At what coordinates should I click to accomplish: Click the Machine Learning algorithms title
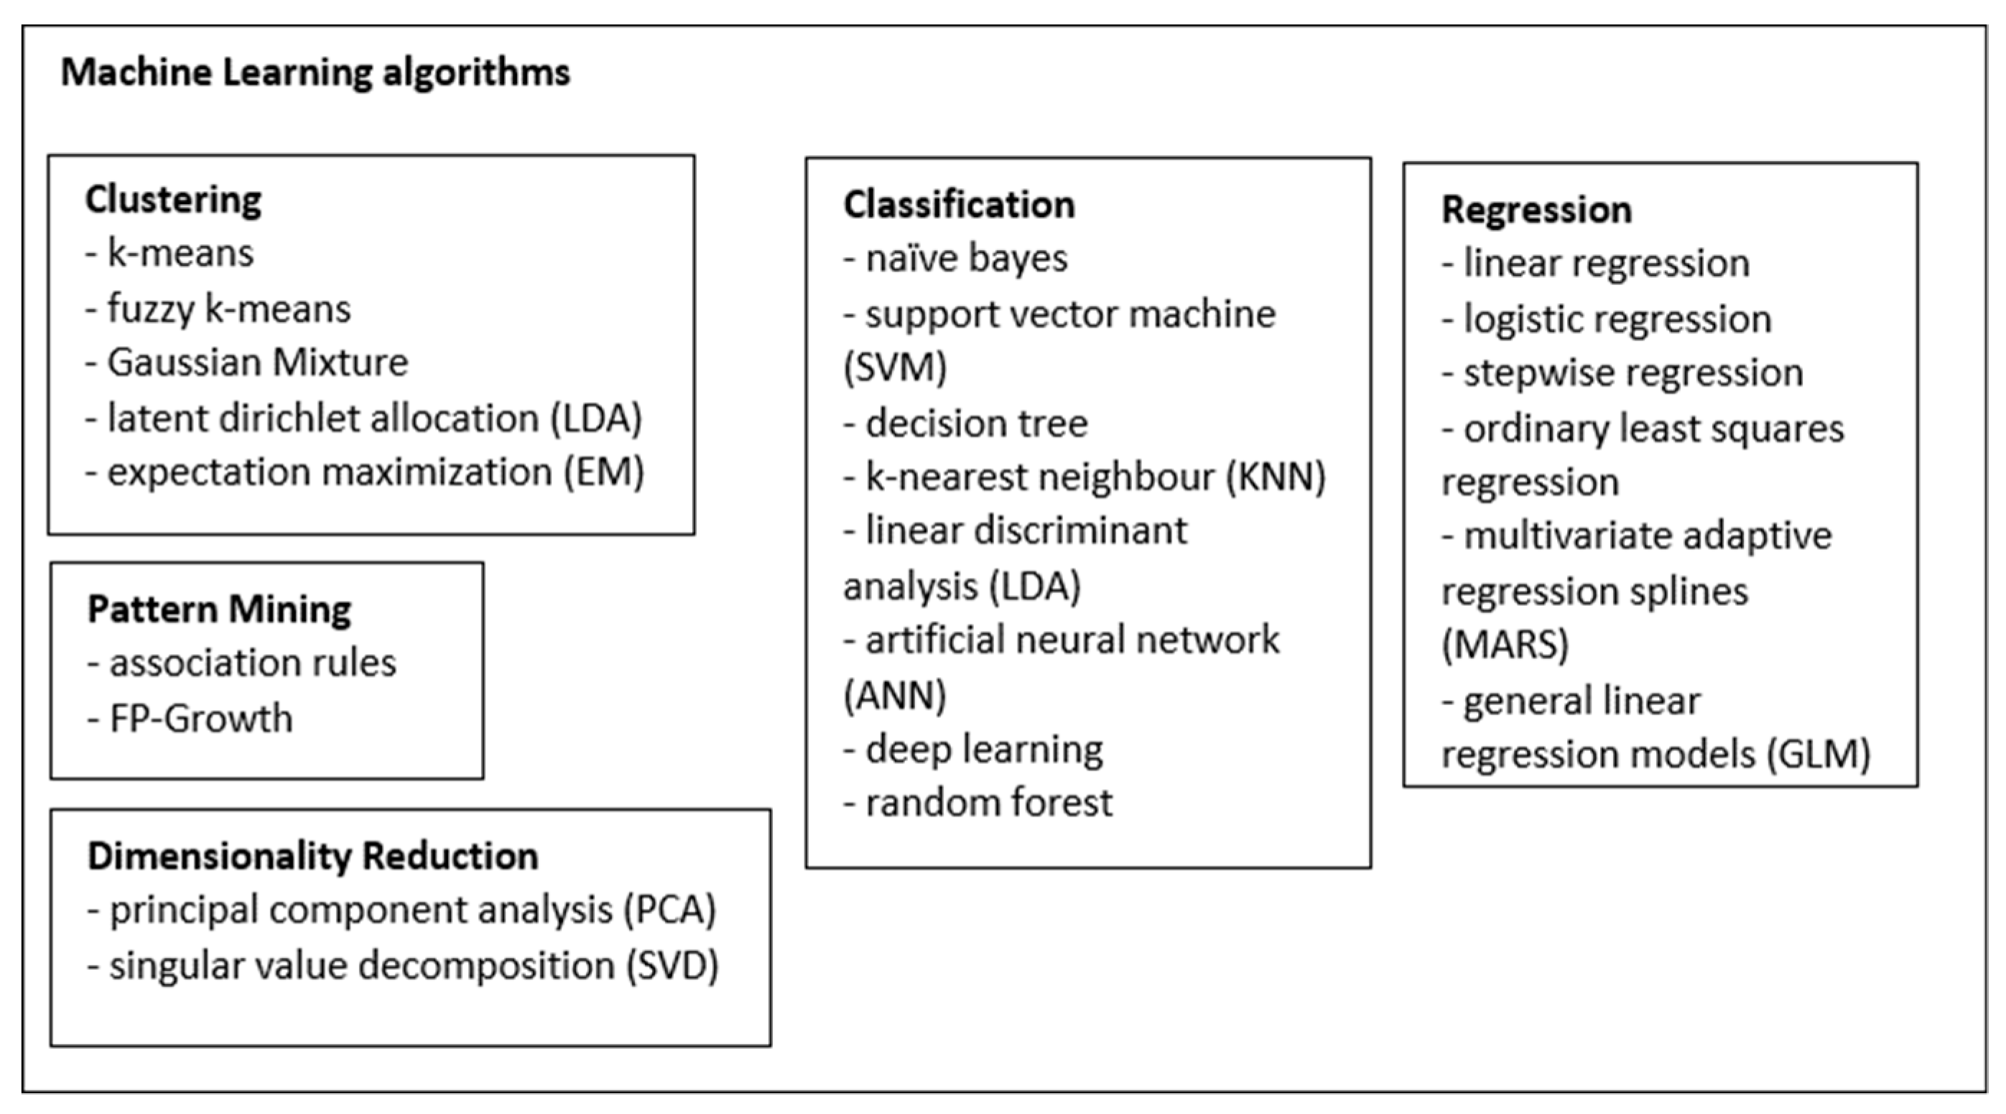[x=315, y=73]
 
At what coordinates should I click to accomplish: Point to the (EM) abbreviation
[x=604, y=472]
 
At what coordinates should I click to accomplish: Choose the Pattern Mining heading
[x=219, y=609]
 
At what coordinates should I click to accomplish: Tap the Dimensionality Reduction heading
[x=312, y=856]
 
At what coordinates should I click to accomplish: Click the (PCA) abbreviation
[x=669, y=911]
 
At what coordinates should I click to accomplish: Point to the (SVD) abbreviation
[x=672, y=966]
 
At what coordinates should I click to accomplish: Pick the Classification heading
[x=959, y=205]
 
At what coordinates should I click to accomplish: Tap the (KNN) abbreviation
[x=1276, y=477]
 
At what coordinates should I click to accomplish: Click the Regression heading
[x=1536, y=210]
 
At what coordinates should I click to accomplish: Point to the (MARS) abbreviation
[x=1505, y=645]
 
